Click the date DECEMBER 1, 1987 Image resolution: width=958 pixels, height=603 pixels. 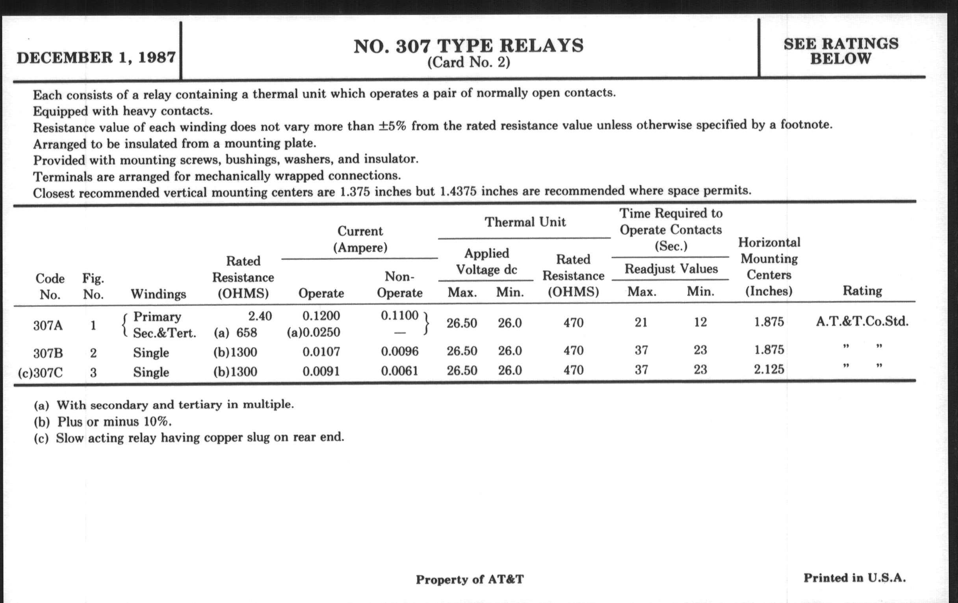(96, 58)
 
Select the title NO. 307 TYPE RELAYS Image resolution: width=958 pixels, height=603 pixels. (468, 46)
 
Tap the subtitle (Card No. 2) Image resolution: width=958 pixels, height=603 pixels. (468, 63)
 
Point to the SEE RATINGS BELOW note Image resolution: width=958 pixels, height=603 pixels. (841, 51)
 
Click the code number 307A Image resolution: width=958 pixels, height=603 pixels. (48, 326)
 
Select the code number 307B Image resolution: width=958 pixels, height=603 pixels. (48, 353)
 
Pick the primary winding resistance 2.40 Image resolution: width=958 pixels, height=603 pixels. (260, 316)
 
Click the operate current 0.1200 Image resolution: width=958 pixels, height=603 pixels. (321, 316)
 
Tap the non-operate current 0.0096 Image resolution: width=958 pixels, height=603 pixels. (399, 351)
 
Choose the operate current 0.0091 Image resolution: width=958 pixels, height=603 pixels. (321, 371)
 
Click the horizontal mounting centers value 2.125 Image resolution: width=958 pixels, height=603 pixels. (769, 369)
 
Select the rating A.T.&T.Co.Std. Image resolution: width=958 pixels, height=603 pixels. (862, 321)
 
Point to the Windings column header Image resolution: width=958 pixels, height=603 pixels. (158, 294)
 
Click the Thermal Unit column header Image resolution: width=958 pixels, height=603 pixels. (525, 222)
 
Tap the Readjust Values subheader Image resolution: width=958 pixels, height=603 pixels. (671, 269)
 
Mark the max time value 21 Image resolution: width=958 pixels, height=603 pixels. (641, 322)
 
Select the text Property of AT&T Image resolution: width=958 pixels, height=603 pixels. (470, 579)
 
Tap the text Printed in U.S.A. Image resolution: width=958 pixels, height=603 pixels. (854, 578)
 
